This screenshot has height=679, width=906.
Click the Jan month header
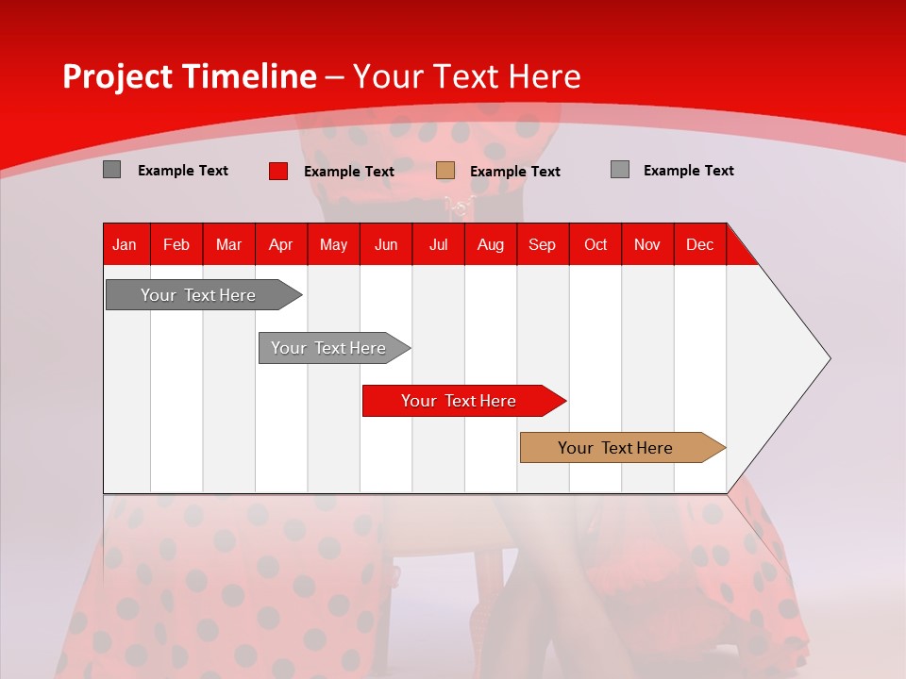[125, 244]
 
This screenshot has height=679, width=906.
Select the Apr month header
[280, 244]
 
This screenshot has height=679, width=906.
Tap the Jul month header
[438, 244]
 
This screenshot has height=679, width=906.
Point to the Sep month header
[542, 244]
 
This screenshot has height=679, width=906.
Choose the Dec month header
[699, 244]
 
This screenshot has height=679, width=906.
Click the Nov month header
[646, 244]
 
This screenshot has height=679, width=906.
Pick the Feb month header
[176, 244]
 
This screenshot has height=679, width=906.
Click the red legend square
[277, 171]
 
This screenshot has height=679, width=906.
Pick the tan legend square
[445, 171]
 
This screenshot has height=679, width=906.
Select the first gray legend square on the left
[111, 170]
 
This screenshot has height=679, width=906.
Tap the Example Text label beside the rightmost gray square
[688, 171]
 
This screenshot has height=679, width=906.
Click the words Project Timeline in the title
[189, 76]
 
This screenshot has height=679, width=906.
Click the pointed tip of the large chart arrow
[828, 358]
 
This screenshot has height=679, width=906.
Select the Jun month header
[386, 244]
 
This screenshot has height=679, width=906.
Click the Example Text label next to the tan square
[514, 172]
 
